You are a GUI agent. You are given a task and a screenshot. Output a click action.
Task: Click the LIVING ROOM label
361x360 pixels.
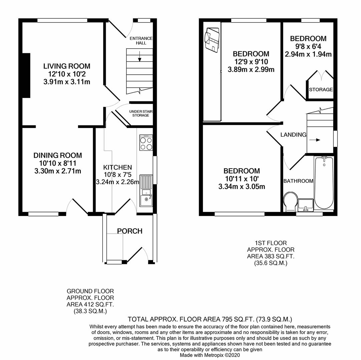67,66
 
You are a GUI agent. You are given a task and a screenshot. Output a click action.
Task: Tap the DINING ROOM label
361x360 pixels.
58,156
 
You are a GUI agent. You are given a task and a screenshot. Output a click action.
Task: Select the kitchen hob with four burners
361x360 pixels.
146,143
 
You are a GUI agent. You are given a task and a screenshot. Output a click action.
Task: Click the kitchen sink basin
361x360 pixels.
146,201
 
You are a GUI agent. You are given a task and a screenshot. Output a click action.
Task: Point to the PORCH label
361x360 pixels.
129,231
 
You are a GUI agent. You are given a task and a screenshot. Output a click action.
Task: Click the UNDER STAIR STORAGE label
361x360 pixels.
141,113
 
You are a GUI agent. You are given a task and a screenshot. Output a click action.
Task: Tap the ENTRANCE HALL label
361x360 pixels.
141,41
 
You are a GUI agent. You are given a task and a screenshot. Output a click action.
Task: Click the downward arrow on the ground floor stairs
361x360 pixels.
139,56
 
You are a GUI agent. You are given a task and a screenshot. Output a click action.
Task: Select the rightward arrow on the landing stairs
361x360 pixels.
315,140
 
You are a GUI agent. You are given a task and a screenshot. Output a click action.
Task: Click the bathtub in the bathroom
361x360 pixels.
324,183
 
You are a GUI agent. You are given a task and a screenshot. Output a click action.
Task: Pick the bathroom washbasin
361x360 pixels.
306,205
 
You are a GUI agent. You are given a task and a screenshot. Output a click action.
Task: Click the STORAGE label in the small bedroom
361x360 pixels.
321,89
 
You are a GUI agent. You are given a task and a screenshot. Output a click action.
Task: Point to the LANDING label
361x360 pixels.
293,135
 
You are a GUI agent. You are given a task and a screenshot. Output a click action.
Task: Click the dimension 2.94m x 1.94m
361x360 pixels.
308,54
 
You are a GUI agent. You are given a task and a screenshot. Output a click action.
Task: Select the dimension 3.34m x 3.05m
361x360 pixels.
242,187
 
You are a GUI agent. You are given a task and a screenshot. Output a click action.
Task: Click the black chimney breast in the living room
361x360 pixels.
26,75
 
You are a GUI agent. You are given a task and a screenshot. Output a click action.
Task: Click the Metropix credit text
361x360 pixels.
210,355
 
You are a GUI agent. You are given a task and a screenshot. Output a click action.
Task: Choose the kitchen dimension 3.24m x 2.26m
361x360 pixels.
117,182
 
